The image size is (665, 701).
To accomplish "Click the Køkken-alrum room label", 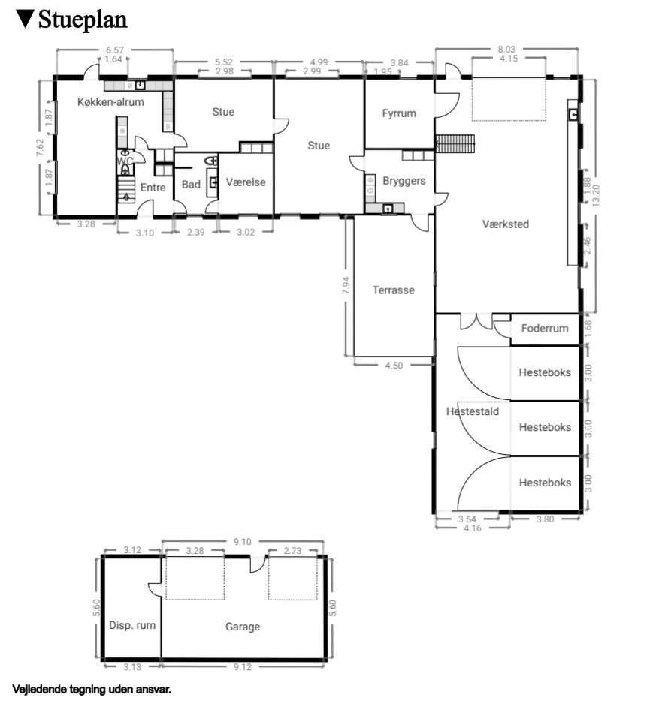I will tap(110, 102).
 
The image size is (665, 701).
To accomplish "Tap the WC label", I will tap(125, 161).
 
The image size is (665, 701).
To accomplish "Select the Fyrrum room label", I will tap(398, 113).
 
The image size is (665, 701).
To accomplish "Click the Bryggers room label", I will tap(404, 181).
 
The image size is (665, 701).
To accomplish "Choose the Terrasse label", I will tap(393, 290).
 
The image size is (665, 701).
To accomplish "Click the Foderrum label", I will tap(545, 329).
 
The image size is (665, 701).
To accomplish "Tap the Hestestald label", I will tap(472, 411).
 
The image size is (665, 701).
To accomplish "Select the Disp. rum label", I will tap(132, 625).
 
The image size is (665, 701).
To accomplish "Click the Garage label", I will tap(243, 627).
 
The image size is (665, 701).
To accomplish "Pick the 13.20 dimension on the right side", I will tap(596, 195).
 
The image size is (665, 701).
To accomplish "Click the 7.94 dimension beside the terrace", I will tap(346, 287).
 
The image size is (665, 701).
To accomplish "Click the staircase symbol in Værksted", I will tap(456, 142).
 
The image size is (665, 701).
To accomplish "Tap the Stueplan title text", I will tap(83, 19).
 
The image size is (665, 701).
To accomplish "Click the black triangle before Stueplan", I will tap(25, 18).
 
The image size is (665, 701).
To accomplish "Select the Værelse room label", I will tap(246, 182).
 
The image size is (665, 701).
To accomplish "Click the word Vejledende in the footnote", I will tap(37, 687).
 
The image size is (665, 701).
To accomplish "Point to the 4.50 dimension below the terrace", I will tap(394, 366).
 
